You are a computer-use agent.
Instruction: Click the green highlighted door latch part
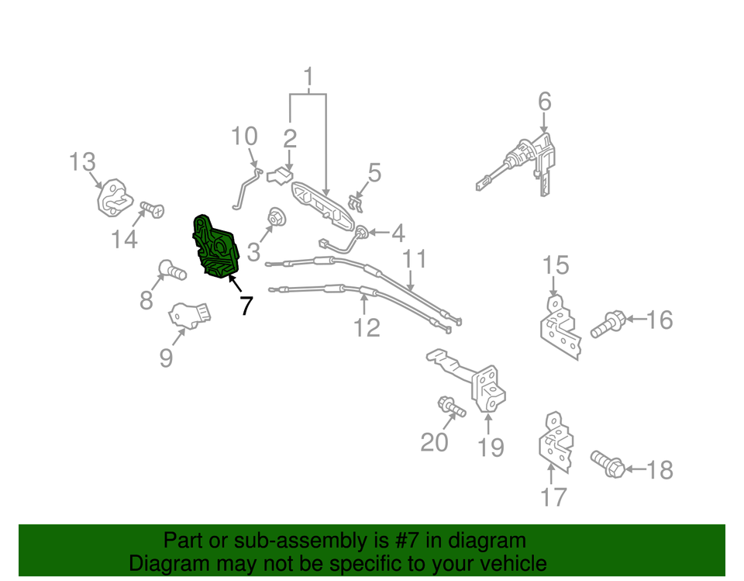tap(216, 247)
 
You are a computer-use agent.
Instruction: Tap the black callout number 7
tap(246, 306)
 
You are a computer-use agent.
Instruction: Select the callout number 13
tap(83, 162)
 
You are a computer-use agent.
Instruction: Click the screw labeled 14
tap(153, 209)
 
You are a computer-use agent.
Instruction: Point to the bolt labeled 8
tap(171, 270)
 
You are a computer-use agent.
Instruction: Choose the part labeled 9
tap(190, 315)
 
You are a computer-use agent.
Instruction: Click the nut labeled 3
tap(274, 217)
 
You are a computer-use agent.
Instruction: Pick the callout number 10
tap(244, 136)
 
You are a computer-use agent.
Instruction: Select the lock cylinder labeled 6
tap(516, 165)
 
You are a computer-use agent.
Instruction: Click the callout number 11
tap(415, 259)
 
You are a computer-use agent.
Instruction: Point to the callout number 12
tap(367, 328)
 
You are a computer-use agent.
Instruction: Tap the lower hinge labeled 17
tap(556, 442)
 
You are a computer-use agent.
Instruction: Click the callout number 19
tap(491, 448)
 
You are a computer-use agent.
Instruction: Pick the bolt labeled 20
tap(451, 406)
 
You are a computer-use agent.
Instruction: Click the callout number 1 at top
tap(308, 76)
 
